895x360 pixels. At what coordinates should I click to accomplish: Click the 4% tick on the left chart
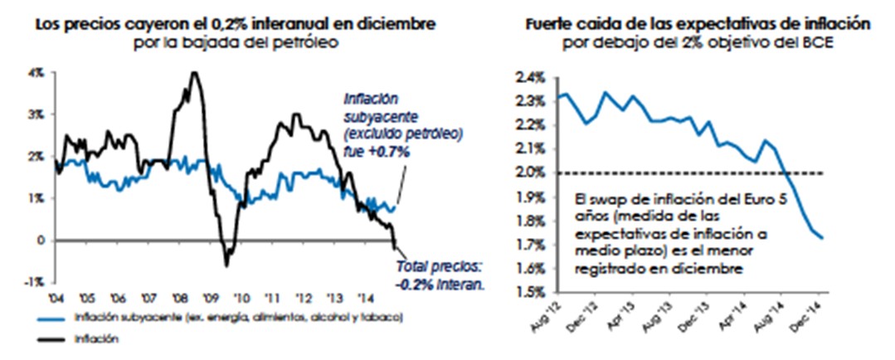[38, 73]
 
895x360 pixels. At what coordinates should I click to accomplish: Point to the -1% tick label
[36, 282]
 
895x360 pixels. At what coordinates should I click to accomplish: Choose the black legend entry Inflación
[90, 338]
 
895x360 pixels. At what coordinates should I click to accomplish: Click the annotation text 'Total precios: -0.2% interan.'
[437, 275]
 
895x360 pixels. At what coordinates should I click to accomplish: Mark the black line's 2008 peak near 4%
[195, 73]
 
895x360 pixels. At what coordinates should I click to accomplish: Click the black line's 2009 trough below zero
[226, 265]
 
